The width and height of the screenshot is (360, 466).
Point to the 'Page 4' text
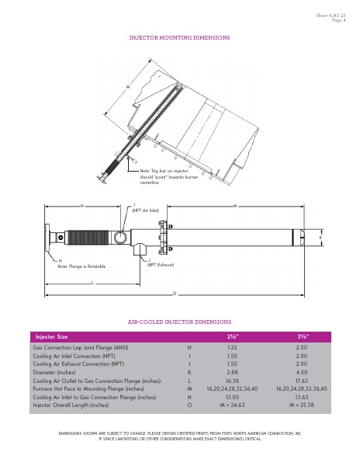pos(339,20)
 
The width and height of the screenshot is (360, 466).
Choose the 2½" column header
pos(231,336)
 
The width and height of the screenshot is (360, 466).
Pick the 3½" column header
pos(302,336)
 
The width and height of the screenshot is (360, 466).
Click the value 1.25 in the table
pos(231,349)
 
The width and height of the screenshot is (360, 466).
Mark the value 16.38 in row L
pos(231,381)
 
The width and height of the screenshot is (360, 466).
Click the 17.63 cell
pos(302,381)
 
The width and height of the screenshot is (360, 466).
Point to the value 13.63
pos(302,397)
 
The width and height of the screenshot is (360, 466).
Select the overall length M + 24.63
pos(231,405)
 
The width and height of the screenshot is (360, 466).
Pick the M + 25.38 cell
pos(302,405)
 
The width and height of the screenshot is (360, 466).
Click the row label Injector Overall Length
pos(71,405)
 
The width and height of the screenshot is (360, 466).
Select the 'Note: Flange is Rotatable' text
pos(81,266)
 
